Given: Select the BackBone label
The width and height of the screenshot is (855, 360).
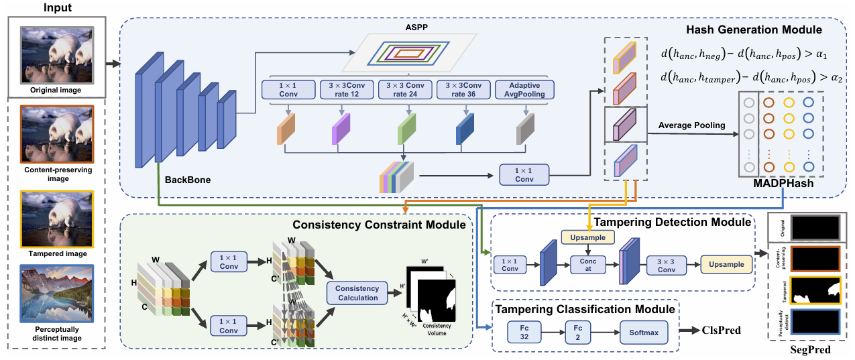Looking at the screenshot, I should [x=188, y=180].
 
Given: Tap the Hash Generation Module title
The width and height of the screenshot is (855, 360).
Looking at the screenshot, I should [x=763, y=30].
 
